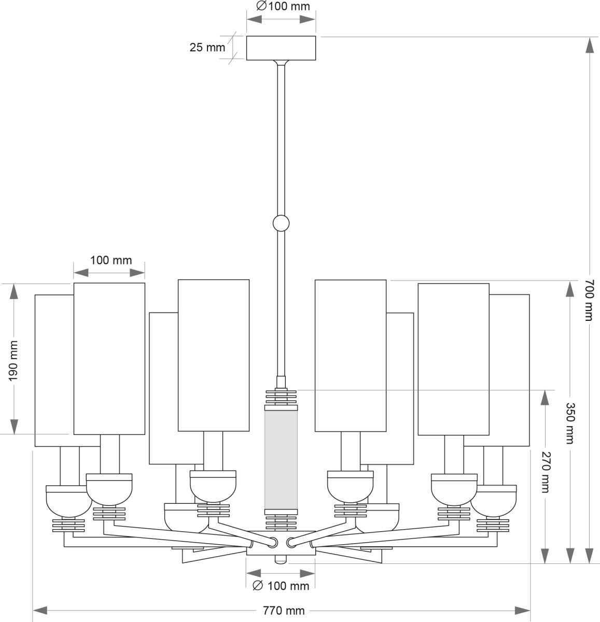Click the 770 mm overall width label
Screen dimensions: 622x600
(284, 611)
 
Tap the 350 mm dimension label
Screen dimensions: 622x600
(570, 422)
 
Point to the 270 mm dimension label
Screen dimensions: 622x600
(545, 472)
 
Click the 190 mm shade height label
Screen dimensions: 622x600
(13, 360)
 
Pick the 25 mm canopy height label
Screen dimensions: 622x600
(207, 48)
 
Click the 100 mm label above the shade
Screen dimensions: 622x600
(111, 260)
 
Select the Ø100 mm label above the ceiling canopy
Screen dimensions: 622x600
(283, 7)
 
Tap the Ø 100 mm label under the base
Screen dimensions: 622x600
(281, 586)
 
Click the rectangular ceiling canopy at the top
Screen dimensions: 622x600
(281, 48)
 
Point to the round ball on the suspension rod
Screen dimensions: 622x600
(281, 223)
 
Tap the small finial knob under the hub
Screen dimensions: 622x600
(281, 560)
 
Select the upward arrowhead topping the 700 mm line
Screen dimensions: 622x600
(589, 46)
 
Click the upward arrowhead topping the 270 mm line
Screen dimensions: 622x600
(545, 398)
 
